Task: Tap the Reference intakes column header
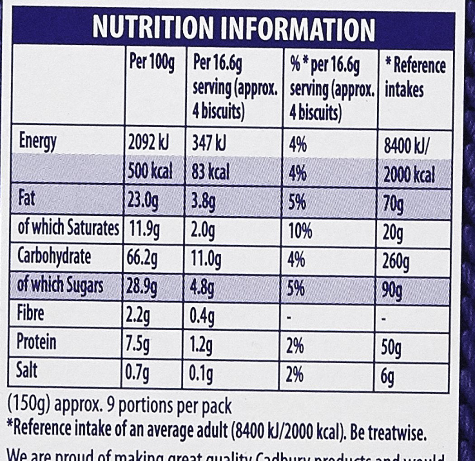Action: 414,77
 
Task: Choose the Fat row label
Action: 28,200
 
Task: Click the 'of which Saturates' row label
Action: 67,229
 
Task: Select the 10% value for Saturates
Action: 300,231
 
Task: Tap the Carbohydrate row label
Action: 54,257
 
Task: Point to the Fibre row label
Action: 31,313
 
